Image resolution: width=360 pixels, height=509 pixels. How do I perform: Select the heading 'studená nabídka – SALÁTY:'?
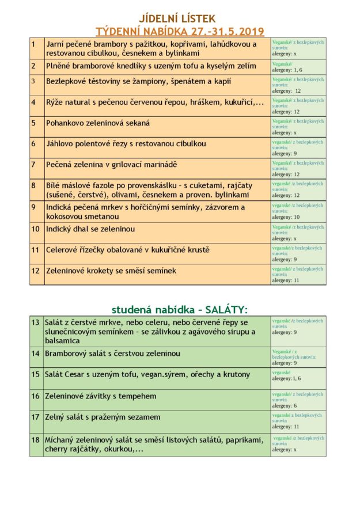click(x=179, y=309)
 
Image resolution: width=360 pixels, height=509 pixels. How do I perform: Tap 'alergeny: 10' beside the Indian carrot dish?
click(x=286, y=217)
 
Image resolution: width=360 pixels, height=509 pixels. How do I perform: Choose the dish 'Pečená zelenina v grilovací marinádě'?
click(x=112, y=165)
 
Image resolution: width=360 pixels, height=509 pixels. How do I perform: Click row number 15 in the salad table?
click(x=36, y=374)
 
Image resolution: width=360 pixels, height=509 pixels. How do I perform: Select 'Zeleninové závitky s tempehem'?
click(x=101, y=396)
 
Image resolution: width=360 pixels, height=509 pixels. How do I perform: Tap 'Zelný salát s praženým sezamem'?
click(x=103, y=417)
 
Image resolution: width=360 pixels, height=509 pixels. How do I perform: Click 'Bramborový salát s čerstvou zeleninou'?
click(x=112, y=353)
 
